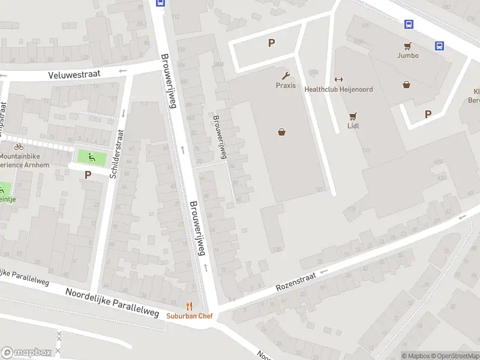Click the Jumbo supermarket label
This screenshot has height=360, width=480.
(x=407, y=55)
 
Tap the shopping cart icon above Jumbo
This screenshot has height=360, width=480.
(x=407, y=46)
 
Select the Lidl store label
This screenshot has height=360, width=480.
(x=353, y=126)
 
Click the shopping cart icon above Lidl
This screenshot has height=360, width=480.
(x=353, y=116)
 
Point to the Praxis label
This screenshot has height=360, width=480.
(x=286, y=85)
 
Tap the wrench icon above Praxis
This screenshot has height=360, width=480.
(x=286, y=76)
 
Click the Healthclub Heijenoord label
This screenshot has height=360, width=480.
(x=338, y=89)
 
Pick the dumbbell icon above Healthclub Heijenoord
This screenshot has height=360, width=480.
(x=338, y=80)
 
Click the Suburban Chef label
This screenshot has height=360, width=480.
(x=190, y=316)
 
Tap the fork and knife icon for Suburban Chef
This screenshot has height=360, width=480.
(x=190, y=306)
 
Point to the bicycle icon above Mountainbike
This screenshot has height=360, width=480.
(x=19, y=146)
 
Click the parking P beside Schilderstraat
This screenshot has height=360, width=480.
(x=88, y=175)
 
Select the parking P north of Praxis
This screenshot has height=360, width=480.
(x=271, y=43)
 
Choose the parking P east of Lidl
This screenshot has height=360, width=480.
(x=428, y=114)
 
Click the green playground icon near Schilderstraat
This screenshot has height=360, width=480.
(x=91, y=158)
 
